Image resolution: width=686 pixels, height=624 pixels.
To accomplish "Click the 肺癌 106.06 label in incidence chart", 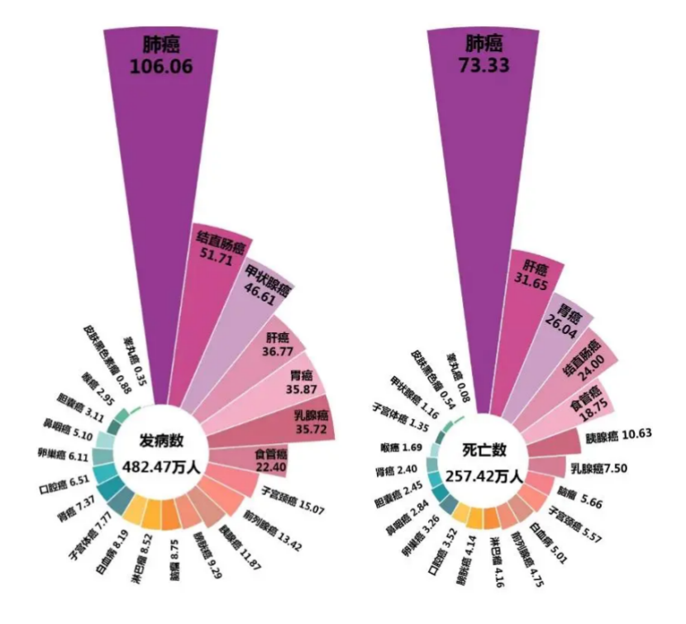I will click(160, 56).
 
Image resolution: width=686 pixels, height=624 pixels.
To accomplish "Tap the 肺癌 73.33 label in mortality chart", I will click(484, 56).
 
